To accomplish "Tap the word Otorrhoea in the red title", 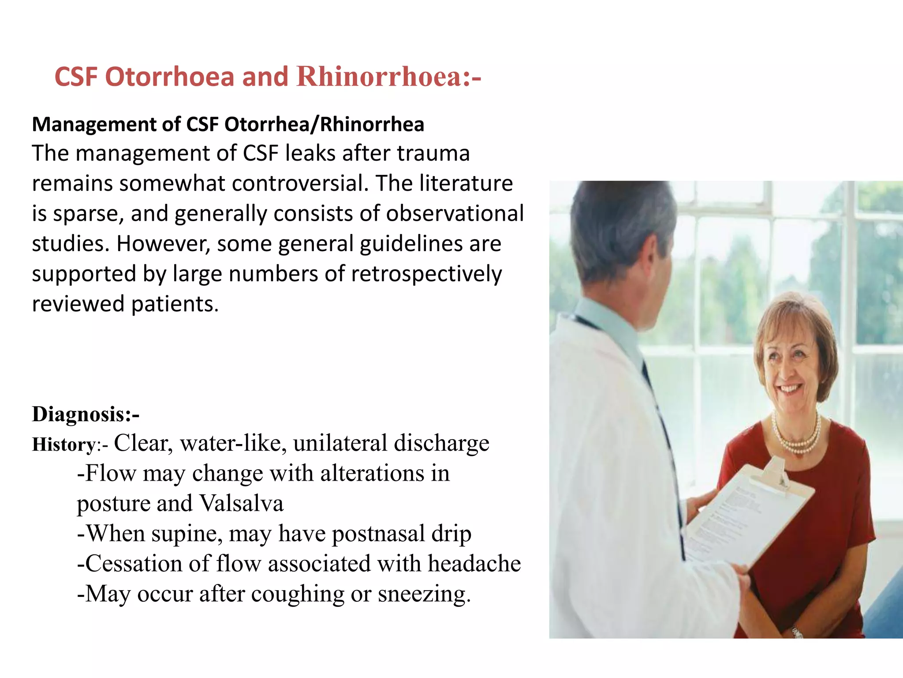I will pyautogui.click(x=169, y=76).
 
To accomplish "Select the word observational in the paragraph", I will pyautogui.click(x=455, y=213).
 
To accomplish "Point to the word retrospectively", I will pyautogui.click(x=426, y=274).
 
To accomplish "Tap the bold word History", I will pyautogui.click(x=63, y=444).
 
